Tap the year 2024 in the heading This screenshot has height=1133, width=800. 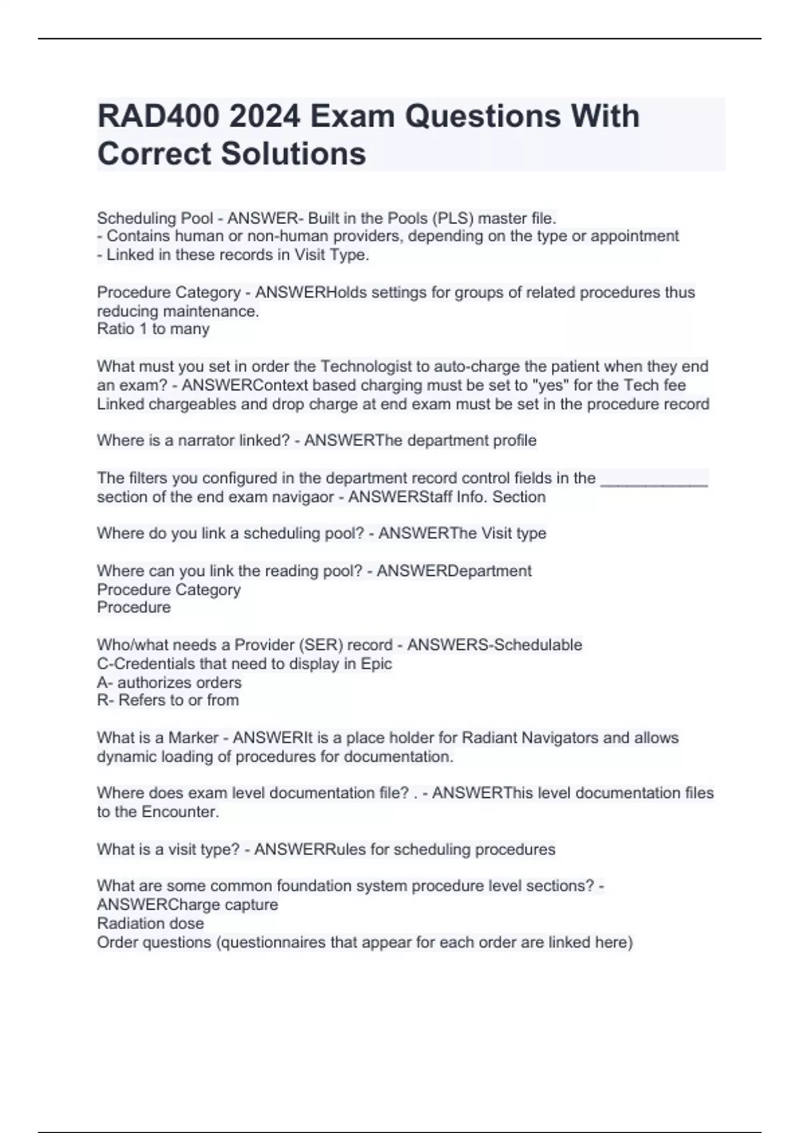click(265, 117)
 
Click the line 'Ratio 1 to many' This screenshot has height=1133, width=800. click(153, 329)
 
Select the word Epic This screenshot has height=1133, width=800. click(376, 664)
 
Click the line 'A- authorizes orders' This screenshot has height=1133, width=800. click(169, 682)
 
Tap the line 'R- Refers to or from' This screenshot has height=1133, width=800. click(168, 700)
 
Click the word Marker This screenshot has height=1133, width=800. click(193, 738)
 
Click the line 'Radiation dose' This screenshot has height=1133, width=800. click(151, 924)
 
